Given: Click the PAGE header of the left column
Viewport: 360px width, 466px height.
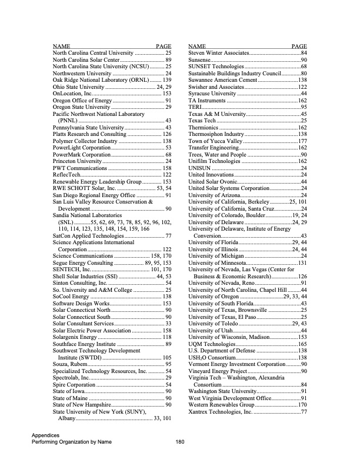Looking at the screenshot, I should point(163,46).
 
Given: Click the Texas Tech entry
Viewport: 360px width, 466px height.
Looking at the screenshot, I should point(202,121).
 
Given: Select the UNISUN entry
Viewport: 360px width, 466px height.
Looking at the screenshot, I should point(199,168).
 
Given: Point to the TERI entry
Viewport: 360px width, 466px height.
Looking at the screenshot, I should point(194,107).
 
